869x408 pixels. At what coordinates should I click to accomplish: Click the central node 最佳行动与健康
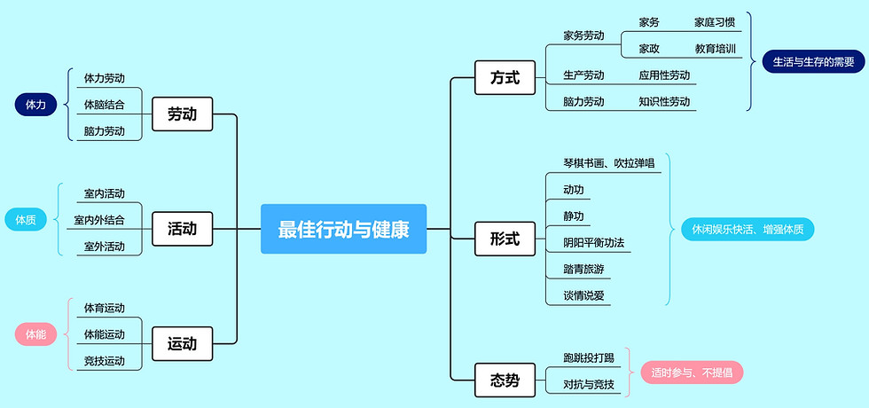coord(343,229)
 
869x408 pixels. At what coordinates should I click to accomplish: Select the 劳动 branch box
coord(182,114)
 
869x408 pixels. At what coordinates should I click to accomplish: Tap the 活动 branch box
coord(182,229)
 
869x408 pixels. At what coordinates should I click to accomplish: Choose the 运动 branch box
coord(182,343)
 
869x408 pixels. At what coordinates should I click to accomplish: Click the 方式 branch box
coord(505,78)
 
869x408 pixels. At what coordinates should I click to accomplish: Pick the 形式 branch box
coord(505,239)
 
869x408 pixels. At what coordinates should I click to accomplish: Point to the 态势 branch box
coord(505,381)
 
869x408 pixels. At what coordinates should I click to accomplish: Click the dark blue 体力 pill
coord(35,105)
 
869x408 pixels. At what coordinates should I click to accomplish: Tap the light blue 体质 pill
coord(25,219)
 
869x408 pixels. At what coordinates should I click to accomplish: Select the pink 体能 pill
coord(35,334)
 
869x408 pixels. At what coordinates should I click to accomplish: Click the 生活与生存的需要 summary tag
coord(813,62)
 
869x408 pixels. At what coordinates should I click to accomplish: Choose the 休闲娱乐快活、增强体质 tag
coord(748,229)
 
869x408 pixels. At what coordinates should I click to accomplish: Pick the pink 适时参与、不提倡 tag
coord(692,372)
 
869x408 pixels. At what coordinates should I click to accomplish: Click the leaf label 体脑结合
coord(105,105)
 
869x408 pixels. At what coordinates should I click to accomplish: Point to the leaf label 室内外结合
coord(99,220)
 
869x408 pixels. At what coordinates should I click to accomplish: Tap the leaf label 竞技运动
coord(105,361)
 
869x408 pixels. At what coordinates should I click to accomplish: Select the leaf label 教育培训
coord(716,49)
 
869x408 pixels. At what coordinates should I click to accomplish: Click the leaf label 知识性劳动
coord(664,101)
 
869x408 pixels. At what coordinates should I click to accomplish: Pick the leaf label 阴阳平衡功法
coord(595,242)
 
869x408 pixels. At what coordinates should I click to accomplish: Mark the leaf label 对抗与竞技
coord(588,384)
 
